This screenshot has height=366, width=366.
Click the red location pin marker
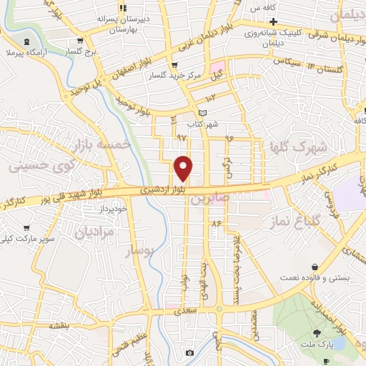click(184, 168)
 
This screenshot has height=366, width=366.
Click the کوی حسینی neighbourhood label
click(35, 166)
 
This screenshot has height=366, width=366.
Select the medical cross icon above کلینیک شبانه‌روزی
click(273, 21)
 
